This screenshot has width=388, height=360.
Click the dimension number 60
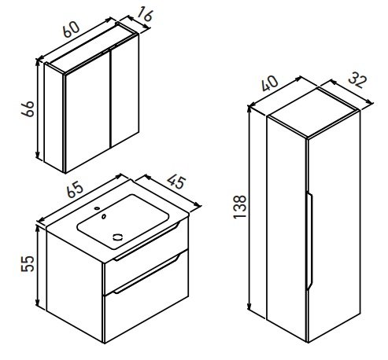pyautogui.click(x=71, y=29)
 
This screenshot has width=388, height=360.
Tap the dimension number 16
pyautogui.click(x=145, y=14)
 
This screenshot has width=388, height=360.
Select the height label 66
pyautogui.click(x=28, y=108)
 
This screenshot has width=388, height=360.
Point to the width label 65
pyautogui.click(x=75, y=189)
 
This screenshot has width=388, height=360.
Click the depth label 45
pyautogui.click(x=176, y=182)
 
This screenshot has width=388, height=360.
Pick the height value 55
pyautogui.click(x=28, y=263)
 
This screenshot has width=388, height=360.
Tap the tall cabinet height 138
pyautogui.click(x=239, y=207)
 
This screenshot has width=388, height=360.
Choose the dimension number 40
pyautogui.click(x=270, y=83)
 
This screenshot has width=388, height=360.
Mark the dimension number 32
pyautogui.click(x=357, y=81)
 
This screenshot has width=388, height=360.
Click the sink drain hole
pyautogui.click(x=117, y=237)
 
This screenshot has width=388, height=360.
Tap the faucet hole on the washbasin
pyautogui.click(x=98, y=208)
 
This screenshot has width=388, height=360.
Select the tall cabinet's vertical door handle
pyautogui.click(x=309, y=241)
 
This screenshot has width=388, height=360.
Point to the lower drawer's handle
pyautogui.click(x=146, y=274)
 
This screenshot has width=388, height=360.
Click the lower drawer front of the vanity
pyautogui.click(x=146, y=297)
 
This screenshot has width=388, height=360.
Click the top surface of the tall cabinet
pyautogui.click(x=314, y=113)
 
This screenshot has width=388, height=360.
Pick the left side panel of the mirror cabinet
pyautogui.click(x=54, y=118)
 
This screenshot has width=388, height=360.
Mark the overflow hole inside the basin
pyautogui.click(x=104, y=216)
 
